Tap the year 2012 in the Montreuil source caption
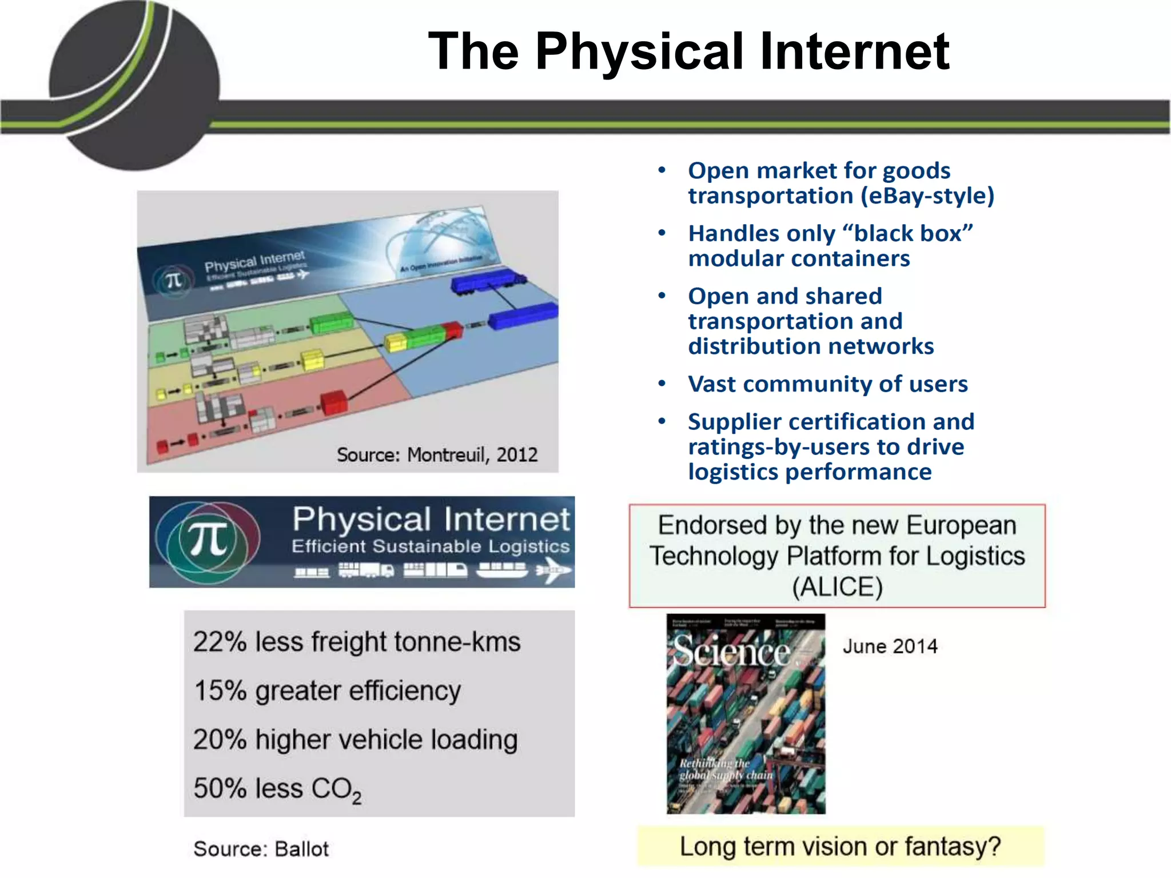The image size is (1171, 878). (517, 455)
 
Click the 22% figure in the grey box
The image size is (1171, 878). (220, 641)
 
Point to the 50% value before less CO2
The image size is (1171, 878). (220, 788)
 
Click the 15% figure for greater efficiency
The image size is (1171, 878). (220, 691)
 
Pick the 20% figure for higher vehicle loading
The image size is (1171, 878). (220, 739)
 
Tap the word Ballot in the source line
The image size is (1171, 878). (301, 849)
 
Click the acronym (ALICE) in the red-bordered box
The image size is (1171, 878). (837, 587)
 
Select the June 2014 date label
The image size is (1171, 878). (890, 646)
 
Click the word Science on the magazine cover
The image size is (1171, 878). (732, 651)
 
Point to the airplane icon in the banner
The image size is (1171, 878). (553, 570)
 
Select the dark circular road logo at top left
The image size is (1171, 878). (135, 86)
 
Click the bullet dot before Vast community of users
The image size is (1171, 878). (662, 384)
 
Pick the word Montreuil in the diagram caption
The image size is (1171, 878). (445, 455)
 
